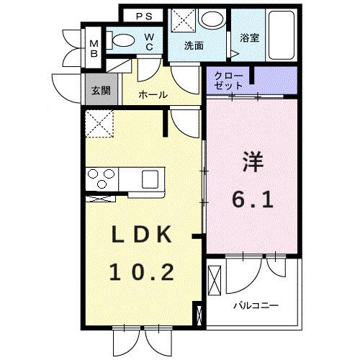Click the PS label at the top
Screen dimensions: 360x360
click(143, 15)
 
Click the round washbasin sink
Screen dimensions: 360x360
click(212, 19)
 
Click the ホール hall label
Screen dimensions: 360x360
click(153, 95)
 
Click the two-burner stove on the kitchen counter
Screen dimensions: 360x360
click(102, 176)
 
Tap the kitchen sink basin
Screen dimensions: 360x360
click(153, 177)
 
